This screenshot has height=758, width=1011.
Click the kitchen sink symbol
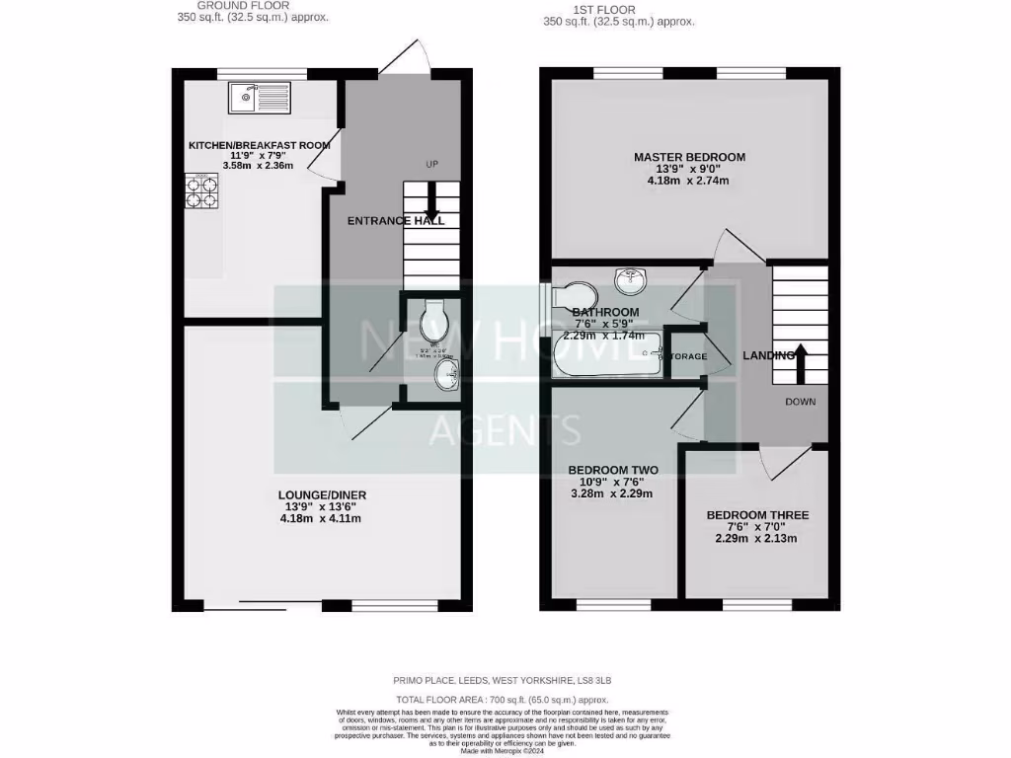pos(258,98)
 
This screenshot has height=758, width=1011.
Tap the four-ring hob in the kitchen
pos(200,191)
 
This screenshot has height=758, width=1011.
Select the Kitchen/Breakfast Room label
pos(259,145)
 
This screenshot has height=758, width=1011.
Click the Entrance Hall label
pos(396,221)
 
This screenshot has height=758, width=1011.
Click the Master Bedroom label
pos(689,157)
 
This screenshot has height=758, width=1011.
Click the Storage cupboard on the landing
pos(684,355)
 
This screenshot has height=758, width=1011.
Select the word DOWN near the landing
pos(800,402)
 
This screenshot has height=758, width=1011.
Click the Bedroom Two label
pos(613,470)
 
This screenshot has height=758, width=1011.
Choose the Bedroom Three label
pos(757,515)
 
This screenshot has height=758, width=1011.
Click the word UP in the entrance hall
pos(430,164)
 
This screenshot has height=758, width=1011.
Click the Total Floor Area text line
pos(505,698)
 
